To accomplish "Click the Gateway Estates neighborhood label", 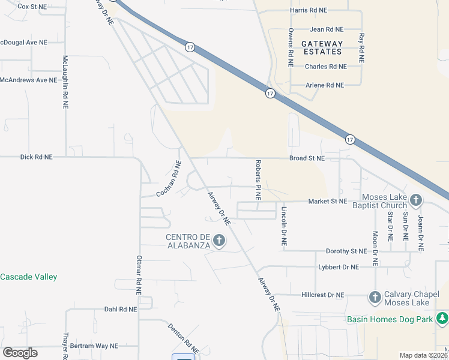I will pyautogui.click(x=322, y=47).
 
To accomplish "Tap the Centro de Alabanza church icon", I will pyautogui.click(x=219, y=241).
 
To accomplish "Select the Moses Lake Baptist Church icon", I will pyautogui.click(x=415, y=199).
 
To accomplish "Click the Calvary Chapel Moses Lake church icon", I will pyautogui.click(x=375, y=296).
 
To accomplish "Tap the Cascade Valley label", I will pyautogui.click(x=28, y=277).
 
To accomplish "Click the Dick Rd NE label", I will pyautogui.click(x=36, y=157).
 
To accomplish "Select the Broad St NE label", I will pyautogui.click(x=307, y=158).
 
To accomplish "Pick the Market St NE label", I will pyautogui.click(x=328, y=202).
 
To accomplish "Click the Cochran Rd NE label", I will pyautogui.click(x=169, y=179).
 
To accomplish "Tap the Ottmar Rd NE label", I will pyautogui.click(x=139, y=275).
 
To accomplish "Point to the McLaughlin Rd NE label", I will pyautogui.click(x=65, y=82).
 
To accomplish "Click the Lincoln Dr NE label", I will pyautogui.click(x=284, y=227).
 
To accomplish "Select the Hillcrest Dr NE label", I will pyautogui.click(x=323, y=295).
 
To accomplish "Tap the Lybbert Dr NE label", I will pyautogui.click(x=338, y=267).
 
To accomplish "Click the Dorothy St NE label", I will pyautogui.click(x=346, y=251).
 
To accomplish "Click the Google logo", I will pyautogui.click(x=20, y=353).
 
